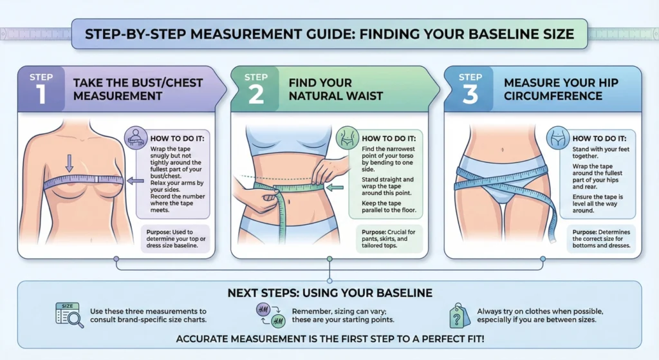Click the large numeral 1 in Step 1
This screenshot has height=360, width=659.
[x=41, y=94]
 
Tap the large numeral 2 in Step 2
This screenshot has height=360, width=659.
[x=255, y=94]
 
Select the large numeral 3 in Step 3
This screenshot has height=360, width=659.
[x=470, y=94]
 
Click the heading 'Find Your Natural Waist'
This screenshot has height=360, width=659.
[x=335, y=89]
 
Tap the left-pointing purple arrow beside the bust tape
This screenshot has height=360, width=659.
[x=135, y=181]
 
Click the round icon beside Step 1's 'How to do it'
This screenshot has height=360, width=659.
[x=135, y=137]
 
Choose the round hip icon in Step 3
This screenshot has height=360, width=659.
[x=557, y=138]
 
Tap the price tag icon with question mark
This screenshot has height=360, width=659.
[x=459, y=315]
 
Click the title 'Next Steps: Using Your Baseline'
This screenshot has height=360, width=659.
[x=329, y=293]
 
